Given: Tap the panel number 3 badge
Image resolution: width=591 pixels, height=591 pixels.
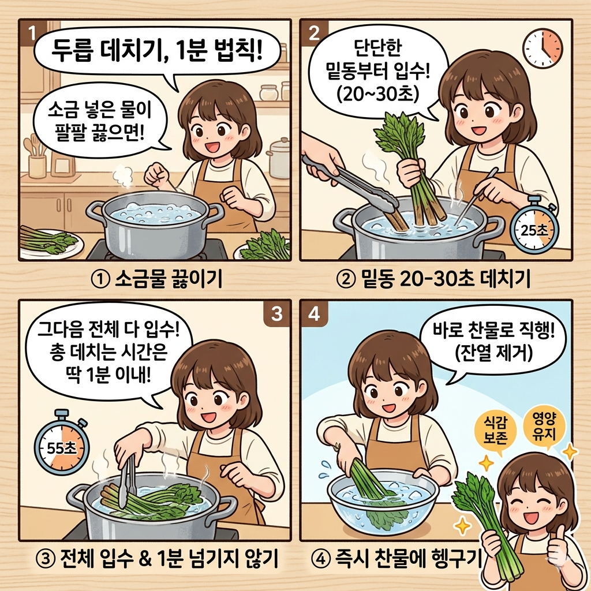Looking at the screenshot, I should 275,314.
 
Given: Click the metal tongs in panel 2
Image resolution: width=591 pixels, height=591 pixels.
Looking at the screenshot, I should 352,179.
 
